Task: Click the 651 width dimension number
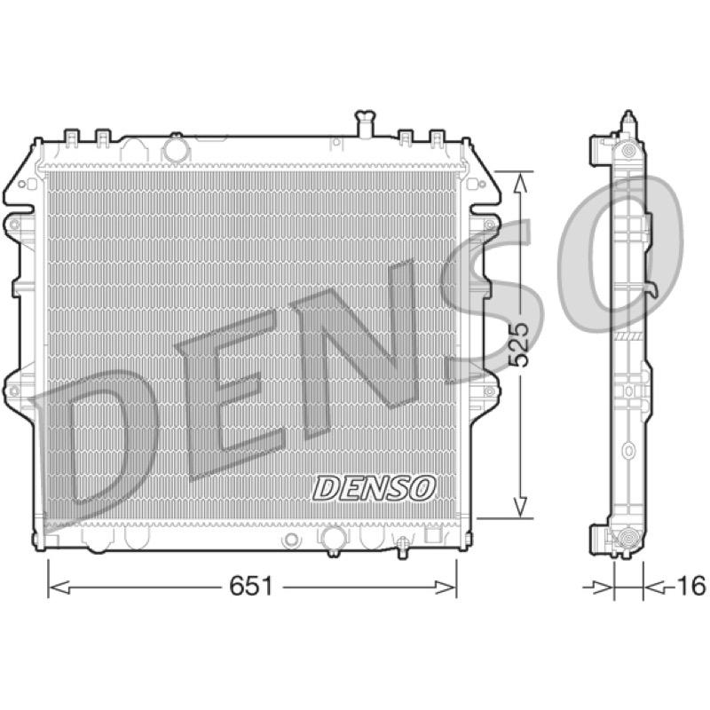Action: (x=251, y=587)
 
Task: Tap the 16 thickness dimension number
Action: (x=691, y=586)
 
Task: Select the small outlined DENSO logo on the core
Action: (x=374, y=489)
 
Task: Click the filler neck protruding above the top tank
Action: (x=365, y=123)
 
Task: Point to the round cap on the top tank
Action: (x=176, y=148)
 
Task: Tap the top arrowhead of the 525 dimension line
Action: (x=521, y=183)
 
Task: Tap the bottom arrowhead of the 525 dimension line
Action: (x=521, y=507)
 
